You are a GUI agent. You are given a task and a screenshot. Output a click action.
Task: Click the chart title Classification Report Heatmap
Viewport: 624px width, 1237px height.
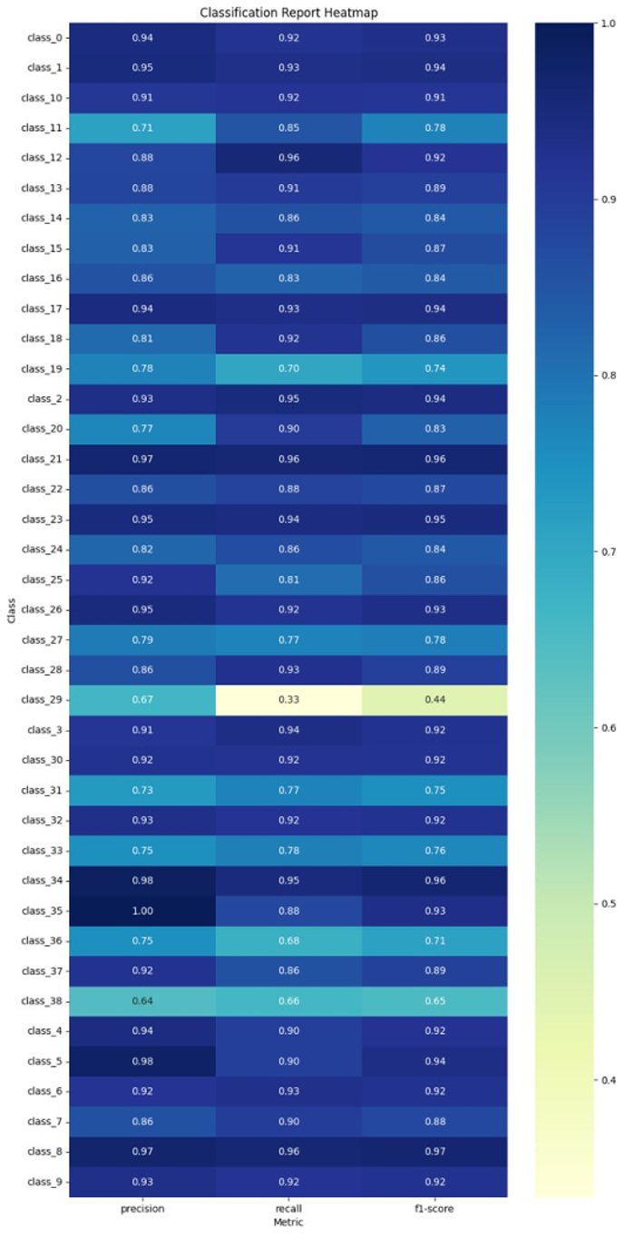point(288,13)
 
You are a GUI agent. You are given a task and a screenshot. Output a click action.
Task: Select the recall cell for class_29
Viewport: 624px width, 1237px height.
point(288,700)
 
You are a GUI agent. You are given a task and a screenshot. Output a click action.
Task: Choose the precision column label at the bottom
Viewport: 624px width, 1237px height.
point(142,1209)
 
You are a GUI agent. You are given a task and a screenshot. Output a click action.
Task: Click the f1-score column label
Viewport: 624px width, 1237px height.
point(434,1209)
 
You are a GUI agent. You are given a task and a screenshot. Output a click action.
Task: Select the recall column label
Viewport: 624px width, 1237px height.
point(288,1209)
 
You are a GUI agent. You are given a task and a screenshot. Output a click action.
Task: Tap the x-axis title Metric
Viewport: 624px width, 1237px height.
point(288,1222)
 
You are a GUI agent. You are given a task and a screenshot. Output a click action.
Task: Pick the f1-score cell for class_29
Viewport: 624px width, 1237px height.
point(434,700)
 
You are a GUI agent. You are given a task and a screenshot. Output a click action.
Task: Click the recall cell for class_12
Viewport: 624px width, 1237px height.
point(288,158)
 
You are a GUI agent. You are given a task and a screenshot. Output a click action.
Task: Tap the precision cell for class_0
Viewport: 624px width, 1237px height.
point(142,38)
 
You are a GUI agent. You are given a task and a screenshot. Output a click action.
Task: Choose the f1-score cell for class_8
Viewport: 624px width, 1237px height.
point(434,1151)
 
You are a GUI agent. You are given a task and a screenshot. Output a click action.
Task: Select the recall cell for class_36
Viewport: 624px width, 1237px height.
point(288,911)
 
